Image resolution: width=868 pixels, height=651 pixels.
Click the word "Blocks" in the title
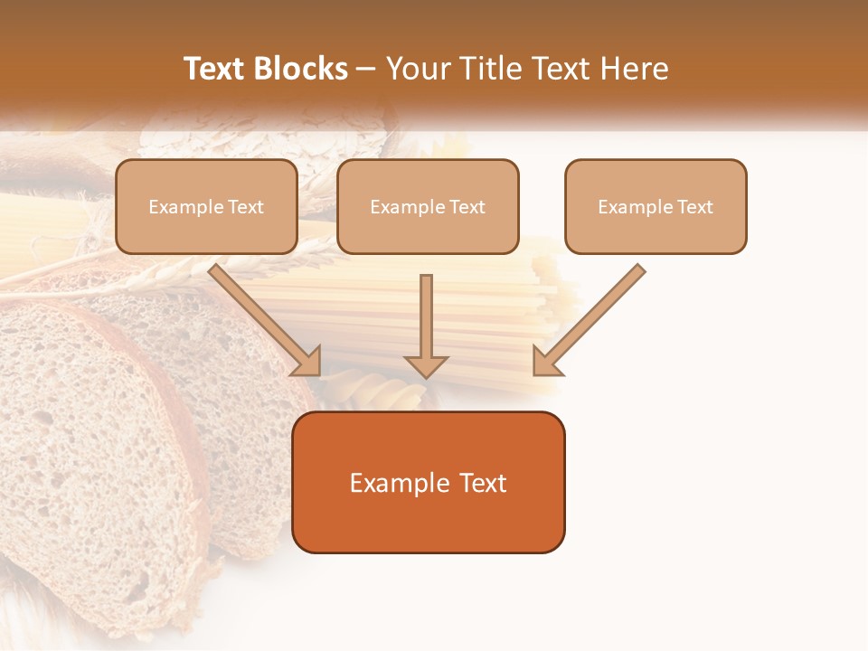click(x=303, y=69)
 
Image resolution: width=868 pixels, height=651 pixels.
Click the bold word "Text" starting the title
click(x=216, y=69)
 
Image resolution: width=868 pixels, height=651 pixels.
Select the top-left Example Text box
click(x=206, y=206)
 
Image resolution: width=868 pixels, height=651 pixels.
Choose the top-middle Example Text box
click(x=428, y=206)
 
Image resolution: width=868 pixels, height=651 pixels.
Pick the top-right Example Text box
click(x=656, y=206)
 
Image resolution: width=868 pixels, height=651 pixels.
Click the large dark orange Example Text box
click(x=429, y=482)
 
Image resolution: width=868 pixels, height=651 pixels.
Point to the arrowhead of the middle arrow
click(x=426, y=365)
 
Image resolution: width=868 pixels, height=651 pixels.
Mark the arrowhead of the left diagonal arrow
click(x=307, y=361)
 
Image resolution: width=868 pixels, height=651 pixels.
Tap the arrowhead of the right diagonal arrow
click(x=546, y=361)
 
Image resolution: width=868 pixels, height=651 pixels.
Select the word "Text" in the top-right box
click(x=694, y=207)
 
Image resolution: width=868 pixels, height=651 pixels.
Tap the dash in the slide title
click(x=366, y=70)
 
